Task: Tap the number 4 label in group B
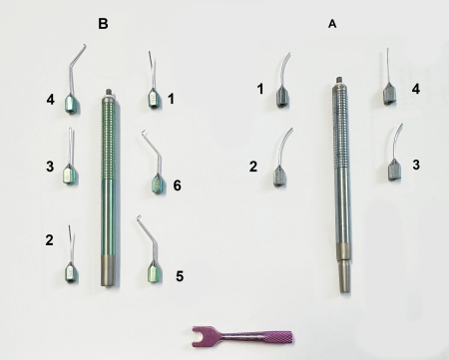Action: click(x=49, y=100)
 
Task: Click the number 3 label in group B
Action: click(x=49, y=167)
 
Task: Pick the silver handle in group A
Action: click(x=340, y=180)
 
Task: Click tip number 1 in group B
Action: click(x=154, y=98)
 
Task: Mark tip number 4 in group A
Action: click(x=388, y=94)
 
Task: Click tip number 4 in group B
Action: click(x=72, y=100)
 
